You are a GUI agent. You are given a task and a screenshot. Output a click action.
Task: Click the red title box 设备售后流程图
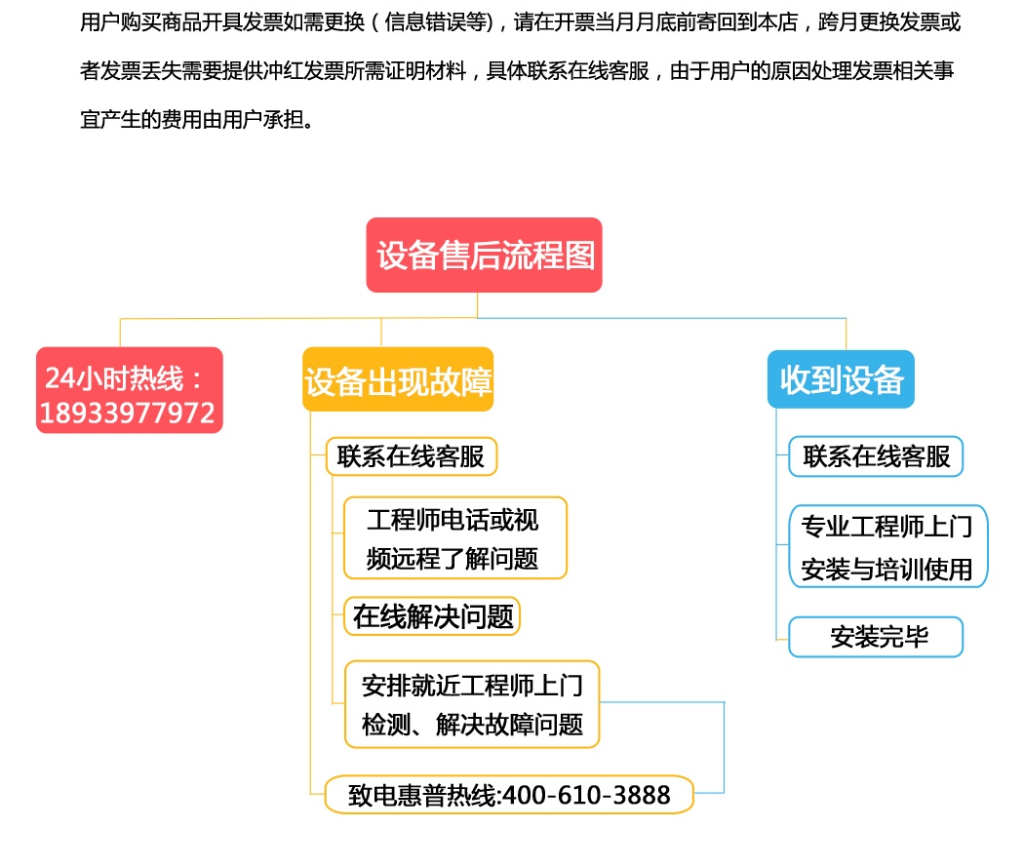(484, 255)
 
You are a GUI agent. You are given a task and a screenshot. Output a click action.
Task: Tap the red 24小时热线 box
(130, 390)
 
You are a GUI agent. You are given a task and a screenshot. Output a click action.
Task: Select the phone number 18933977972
(128, 413)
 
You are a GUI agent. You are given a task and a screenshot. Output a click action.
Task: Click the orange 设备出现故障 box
(398, 379)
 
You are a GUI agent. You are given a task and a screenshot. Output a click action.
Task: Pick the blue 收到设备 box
(841, 379)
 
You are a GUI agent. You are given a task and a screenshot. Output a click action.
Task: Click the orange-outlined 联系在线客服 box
(412, 456)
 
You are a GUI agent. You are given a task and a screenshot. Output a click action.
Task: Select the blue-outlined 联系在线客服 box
(876, 456)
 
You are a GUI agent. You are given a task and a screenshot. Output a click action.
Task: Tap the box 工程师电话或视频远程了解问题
(455, 538)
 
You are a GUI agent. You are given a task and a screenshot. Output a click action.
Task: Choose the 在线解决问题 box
(432, 616)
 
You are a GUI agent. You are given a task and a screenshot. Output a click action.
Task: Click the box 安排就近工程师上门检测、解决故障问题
(471, 704)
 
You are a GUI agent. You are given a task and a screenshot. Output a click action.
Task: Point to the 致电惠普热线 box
(509, 794)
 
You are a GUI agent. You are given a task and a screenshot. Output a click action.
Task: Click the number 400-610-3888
(586, 795)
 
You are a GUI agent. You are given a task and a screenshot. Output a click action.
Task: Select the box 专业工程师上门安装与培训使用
(888, 546)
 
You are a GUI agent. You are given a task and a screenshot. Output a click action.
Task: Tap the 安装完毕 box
(876, 637)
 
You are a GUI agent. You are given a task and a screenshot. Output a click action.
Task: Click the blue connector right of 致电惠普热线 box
(724, 748)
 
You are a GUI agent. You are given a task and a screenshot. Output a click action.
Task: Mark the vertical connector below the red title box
(478, 305)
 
